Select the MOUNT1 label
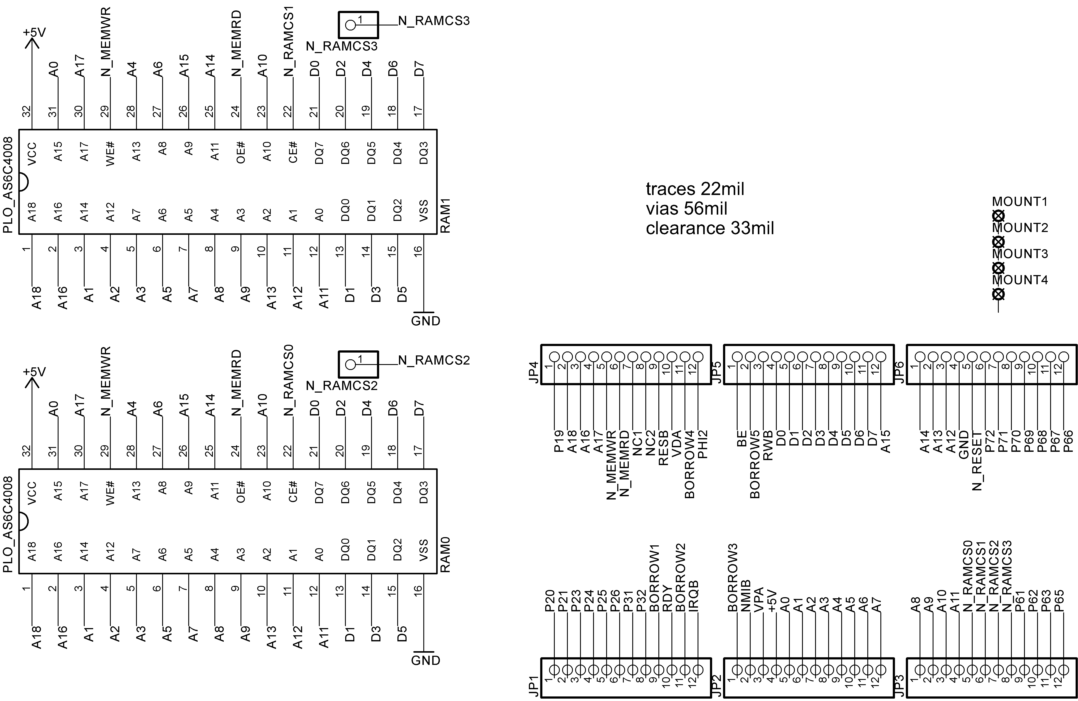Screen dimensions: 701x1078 click(1020, 202)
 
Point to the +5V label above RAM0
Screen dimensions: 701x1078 click(34, 372)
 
